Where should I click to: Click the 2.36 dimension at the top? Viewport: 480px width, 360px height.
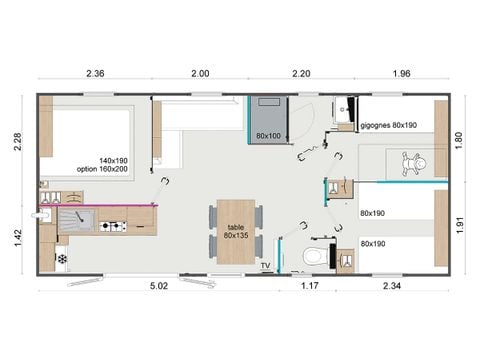[x=96, y=74]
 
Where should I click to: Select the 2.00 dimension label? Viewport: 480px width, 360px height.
[x=200, y=74]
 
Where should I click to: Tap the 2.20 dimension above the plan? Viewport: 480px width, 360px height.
[x=301, y=74]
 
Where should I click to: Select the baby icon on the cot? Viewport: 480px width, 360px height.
[x=411, y=161]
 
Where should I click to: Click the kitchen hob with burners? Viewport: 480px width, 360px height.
[x=114, y=226]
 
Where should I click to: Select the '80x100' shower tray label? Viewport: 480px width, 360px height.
[x=268, y=135]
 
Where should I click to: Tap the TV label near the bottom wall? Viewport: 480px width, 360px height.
[x=266, y=265]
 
